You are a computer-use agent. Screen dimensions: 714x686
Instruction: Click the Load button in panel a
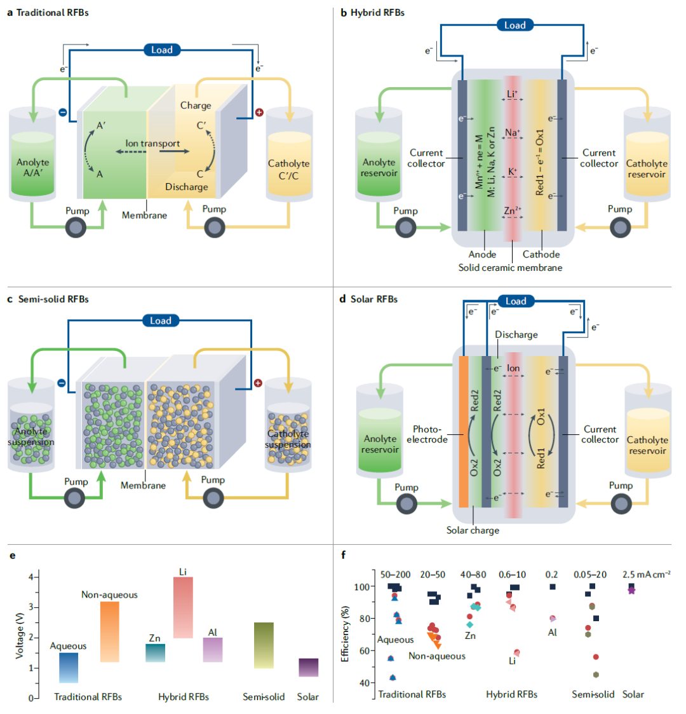point(161,50)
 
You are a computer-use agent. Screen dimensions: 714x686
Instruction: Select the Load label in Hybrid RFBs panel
point(514,25)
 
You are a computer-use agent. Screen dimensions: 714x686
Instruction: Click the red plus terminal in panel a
point(259,113)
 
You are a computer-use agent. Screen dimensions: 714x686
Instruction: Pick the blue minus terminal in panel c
point(61,383)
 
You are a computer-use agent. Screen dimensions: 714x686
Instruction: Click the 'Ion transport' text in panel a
point(152,144)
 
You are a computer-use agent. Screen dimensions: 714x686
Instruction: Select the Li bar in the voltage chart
point(183,607)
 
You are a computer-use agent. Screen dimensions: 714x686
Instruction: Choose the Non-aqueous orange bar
point(109,631)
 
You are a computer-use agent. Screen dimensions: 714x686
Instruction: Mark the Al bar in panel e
point(213,650)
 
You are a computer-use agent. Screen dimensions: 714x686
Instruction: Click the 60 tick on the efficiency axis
point(365,650)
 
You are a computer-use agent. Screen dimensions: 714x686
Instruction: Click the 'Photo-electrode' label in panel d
point(431,434)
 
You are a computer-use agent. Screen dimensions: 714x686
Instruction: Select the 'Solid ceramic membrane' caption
point(510,268)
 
